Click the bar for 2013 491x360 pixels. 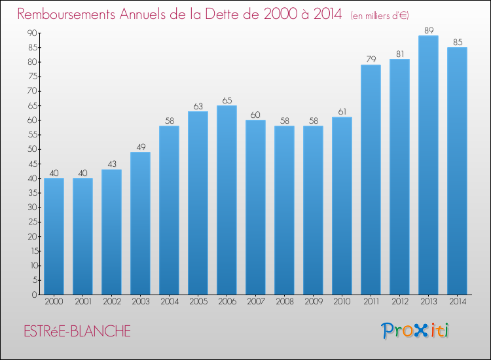click(x=428, y=165)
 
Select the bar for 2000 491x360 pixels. click(x=54, y=236)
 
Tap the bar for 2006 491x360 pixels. click(x=227, y=200)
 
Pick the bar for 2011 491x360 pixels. click(x=371, y=179)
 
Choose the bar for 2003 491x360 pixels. click(x=140, y=223)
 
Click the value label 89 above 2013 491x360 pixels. click(x=428, y=30)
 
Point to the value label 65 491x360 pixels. click(x=227, y=100)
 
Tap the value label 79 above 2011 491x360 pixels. click(x=371, y=60)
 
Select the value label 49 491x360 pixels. click(x=140, y=147)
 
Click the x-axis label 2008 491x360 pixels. click(x=284, y=302)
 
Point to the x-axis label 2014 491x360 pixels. click(x=457, y=302)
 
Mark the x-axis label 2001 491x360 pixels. click(x=82, y=302)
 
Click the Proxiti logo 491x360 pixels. click(x=415, y=331)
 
